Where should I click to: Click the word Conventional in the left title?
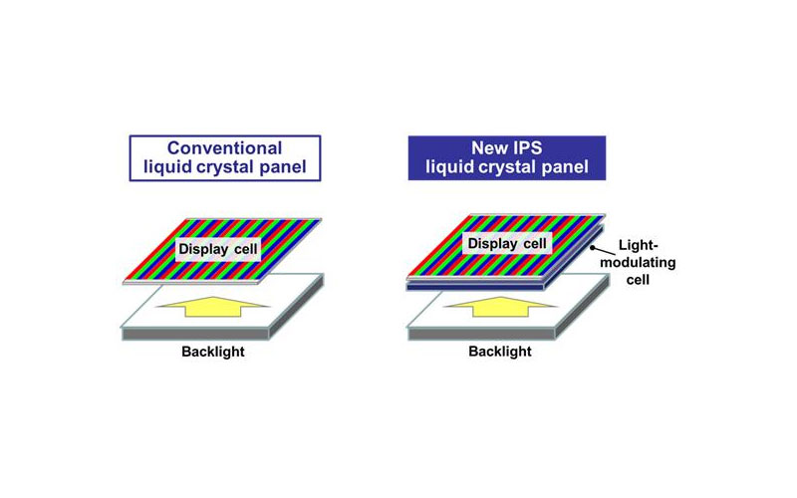(225, 147)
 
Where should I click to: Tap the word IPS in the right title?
(529, 147)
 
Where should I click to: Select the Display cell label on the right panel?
(507, 244)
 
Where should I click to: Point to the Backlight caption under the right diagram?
(501, 353)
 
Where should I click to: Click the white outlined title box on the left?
(225, 157)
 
